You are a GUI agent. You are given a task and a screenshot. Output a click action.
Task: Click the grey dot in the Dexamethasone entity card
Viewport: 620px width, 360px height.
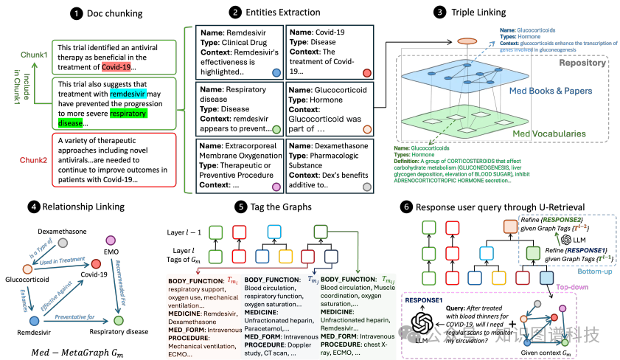pos(366,187)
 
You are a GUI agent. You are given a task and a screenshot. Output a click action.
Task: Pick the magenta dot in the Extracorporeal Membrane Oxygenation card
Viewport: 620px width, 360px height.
pos(276,187)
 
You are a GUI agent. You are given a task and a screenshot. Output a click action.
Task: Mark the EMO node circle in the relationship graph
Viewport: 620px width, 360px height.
pos(111,240)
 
